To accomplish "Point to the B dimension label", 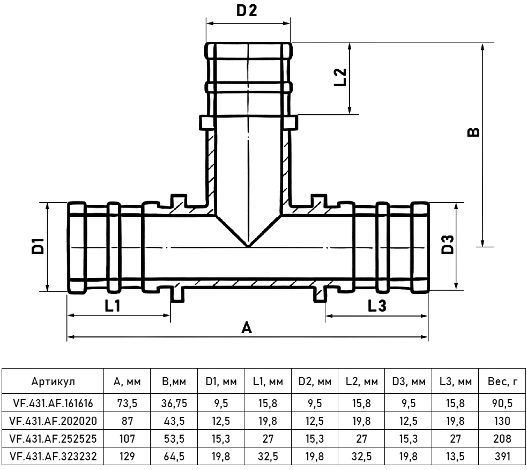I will coord(473,132).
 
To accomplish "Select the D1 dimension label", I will coord(37,247).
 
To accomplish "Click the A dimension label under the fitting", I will coord(247,327).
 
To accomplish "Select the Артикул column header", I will coord(53,382).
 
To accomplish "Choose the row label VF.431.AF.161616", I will coord(53,402).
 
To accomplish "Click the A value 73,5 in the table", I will coord(127,402).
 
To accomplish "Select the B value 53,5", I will coord(174,439).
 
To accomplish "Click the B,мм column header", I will coord(174,382).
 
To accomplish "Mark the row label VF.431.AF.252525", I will coord(53,439).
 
